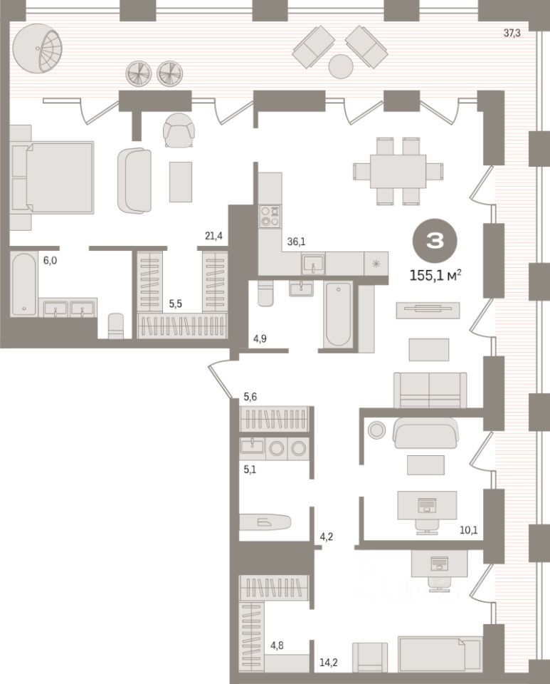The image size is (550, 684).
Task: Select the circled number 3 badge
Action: pos(434,241)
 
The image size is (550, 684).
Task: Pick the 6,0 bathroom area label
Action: pos(51,261)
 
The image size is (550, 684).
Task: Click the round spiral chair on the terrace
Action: pos(41,46)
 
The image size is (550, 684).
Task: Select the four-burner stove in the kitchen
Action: pos(270,216)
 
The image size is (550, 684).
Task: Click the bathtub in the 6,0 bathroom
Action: pos(24,284)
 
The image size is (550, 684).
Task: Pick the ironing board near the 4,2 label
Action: pos(264,522)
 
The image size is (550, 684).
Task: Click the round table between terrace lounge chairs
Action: pos(341,66)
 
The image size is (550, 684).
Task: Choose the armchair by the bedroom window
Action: pos(177,130)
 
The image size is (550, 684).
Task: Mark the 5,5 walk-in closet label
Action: pos(175,303)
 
